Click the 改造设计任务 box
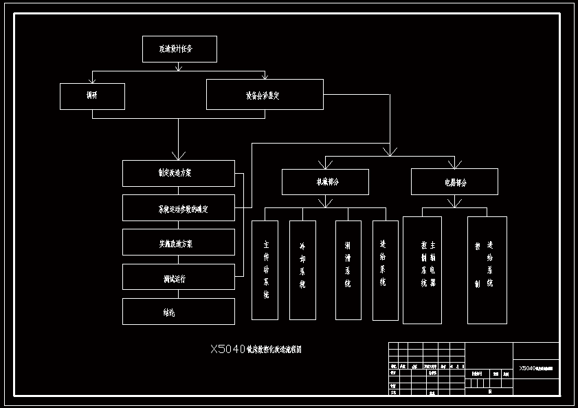click(179, 49)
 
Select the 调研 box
click(92, 96)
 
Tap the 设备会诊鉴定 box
click(265, 95)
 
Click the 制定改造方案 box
click(179, 173)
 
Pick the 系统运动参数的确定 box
click(179, 208)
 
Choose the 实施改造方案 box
click(179, 242)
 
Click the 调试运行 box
click(179, 277)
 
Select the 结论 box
click(179, 312)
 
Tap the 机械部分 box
click(325, 182)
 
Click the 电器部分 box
click(454, 182)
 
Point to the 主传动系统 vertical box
click(265, 270)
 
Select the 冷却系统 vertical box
click(302, 270)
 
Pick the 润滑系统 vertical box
click(348, 270)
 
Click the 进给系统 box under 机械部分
click(386, 270)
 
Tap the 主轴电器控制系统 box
click(422, 270)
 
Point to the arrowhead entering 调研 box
click(92, 80)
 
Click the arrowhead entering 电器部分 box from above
click(454, 164)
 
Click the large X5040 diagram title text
click(256, 350)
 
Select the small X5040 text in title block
click(536, 368)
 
